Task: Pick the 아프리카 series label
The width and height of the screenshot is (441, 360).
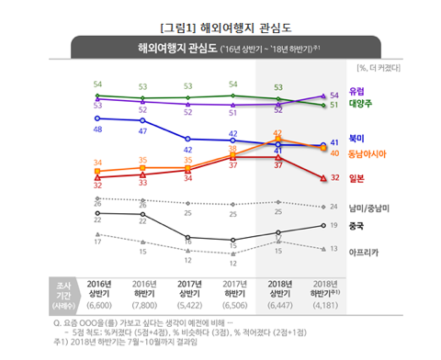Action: tap(365, 251)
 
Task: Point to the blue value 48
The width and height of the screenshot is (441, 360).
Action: tap(97, 129)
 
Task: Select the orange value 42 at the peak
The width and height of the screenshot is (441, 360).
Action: tap(278, 133)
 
